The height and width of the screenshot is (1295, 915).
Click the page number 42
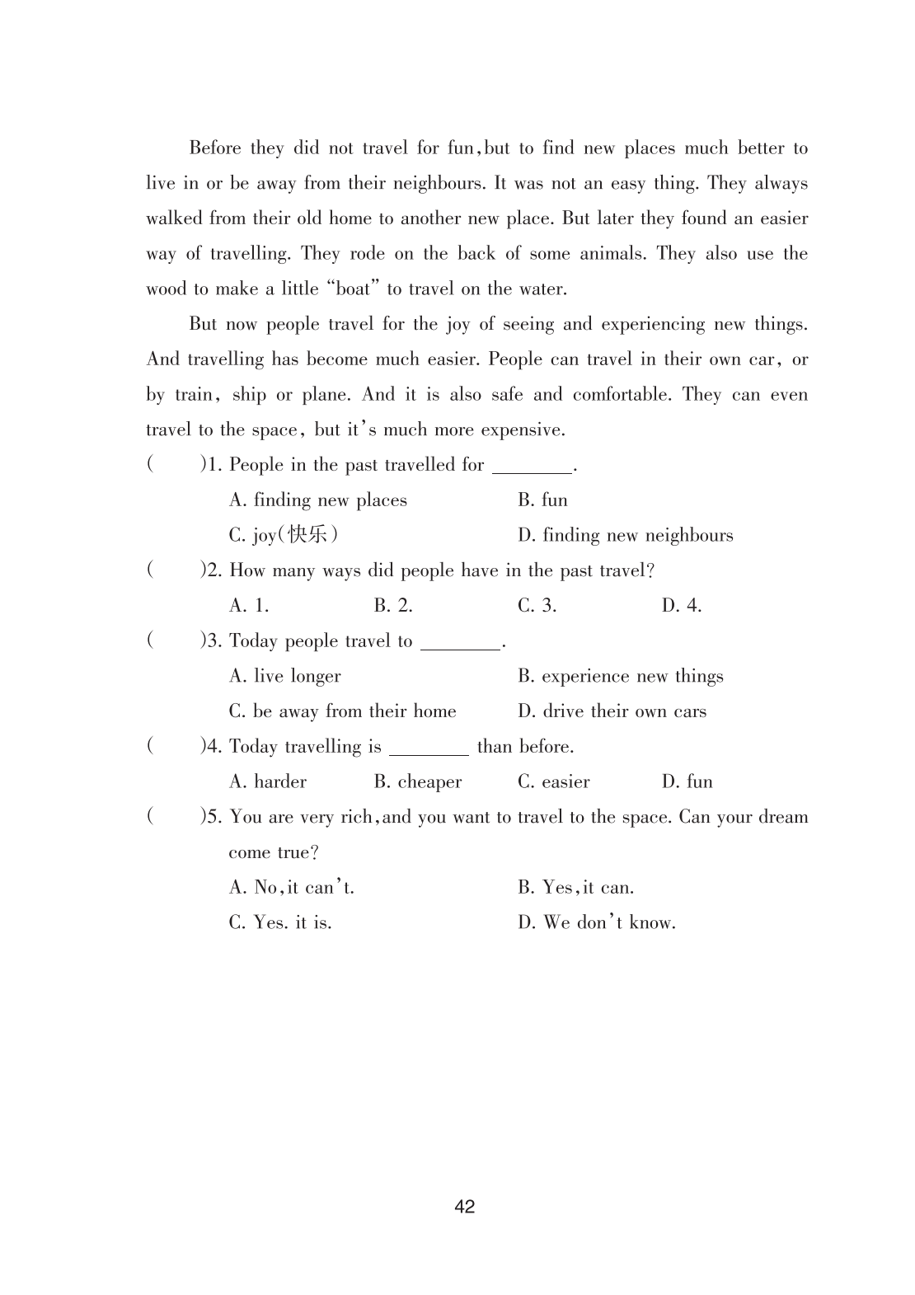coord(464,1207)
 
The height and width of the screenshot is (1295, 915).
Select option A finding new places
coord(317,500)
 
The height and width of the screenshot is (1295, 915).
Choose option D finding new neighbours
coord(625,536)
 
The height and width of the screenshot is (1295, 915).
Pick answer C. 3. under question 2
coord(537,606)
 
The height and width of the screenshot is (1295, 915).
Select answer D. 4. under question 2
coord(681,606)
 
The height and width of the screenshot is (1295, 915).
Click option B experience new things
coord(620,677)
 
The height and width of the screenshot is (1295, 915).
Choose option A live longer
coord(284,677)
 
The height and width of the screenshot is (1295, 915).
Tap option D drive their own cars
coord(612,711)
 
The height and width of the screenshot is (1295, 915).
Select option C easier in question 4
coord(553,781)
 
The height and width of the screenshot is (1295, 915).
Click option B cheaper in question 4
coord(417,781)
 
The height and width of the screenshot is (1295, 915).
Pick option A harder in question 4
coord(267,781)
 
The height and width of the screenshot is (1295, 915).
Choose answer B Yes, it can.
coord(575,888)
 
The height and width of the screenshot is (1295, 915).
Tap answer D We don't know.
coord(596,922)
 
